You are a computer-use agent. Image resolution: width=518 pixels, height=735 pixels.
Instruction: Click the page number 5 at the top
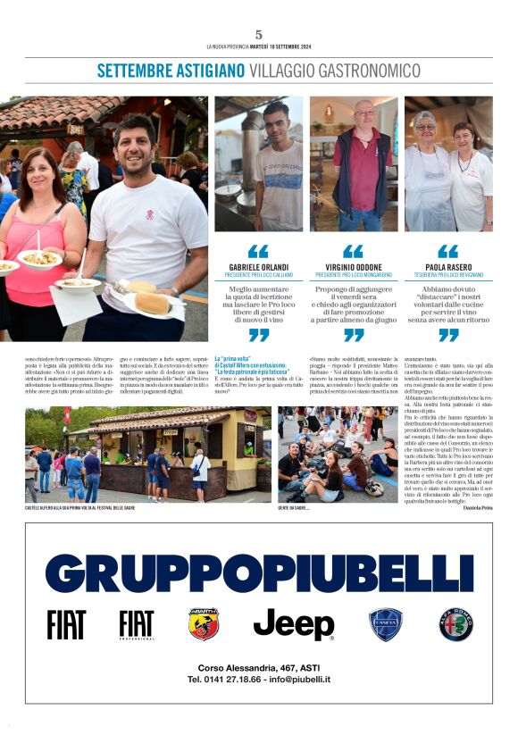[259, 34]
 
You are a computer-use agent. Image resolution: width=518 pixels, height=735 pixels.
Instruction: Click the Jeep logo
[294, 624]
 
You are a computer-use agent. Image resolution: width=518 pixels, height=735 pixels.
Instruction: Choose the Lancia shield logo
[386, 624]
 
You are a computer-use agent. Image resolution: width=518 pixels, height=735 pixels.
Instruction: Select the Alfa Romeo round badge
[455, 624]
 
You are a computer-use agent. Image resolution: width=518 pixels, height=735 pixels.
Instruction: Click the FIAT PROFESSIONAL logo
[136, 625]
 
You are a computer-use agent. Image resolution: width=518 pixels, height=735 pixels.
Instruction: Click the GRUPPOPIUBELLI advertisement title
[259, 572]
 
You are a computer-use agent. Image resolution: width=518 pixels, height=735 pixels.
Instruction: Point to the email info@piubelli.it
[296, 680]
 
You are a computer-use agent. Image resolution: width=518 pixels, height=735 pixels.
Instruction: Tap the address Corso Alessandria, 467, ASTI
[258, 667]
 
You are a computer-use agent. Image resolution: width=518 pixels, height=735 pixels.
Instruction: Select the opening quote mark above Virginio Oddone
[354, 252]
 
